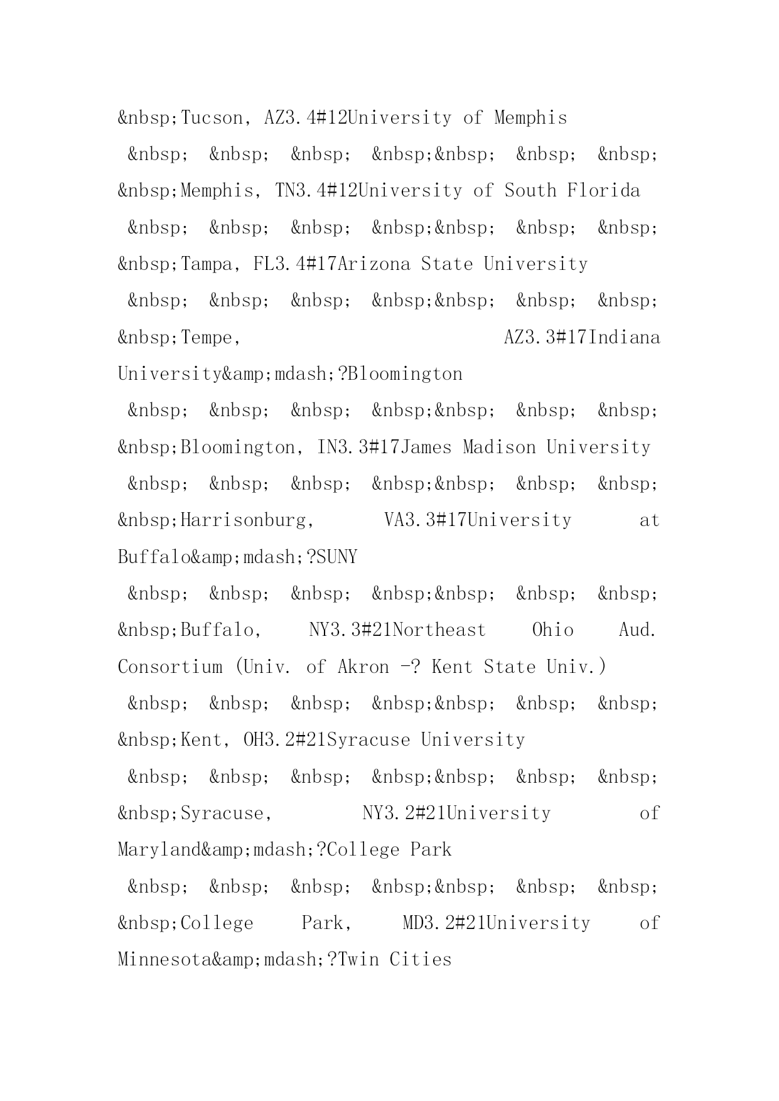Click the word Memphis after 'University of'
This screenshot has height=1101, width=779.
coord(530,118)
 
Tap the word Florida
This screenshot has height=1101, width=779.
coord(603,191)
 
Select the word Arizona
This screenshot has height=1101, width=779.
coord(373,264)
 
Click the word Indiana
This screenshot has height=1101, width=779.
coord(625,338)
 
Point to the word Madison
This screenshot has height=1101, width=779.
coord(499,448)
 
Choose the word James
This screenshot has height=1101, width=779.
coord(426,448)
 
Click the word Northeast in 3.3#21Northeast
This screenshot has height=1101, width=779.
coord(439,630)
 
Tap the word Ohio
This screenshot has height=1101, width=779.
coord(552,630)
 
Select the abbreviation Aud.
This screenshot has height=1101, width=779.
coord(637,630)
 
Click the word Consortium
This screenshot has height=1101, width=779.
coord(169,667)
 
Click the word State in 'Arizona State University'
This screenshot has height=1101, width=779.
coord(446,264)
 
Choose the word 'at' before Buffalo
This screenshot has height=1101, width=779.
coord(649,520)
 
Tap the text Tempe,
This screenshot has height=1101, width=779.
coord(211,338)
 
